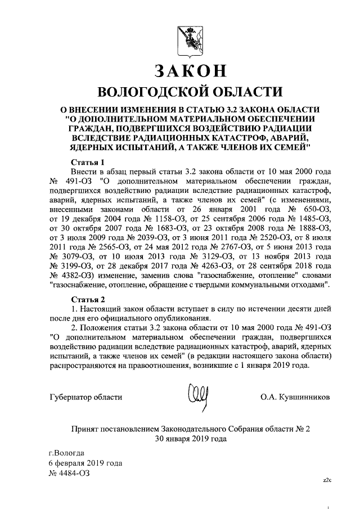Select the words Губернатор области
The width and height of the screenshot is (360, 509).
click(x=86, y=397)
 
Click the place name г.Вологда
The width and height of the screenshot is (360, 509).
click(x=67, y=453)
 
